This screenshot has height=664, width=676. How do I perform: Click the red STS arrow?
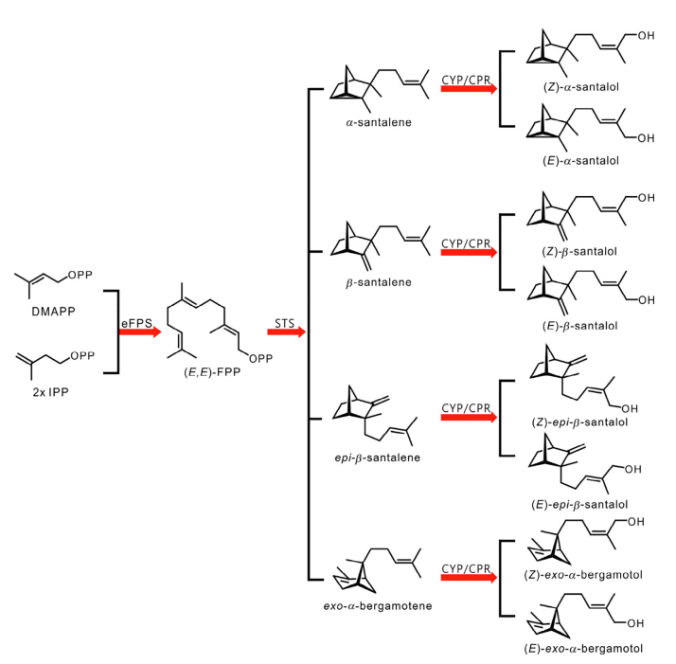pyautogui.click(x=285, y=332)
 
